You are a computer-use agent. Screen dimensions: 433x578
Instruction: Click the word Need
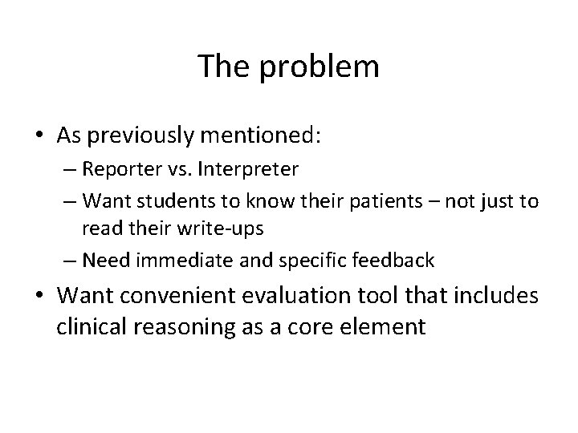coord(103,259)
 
